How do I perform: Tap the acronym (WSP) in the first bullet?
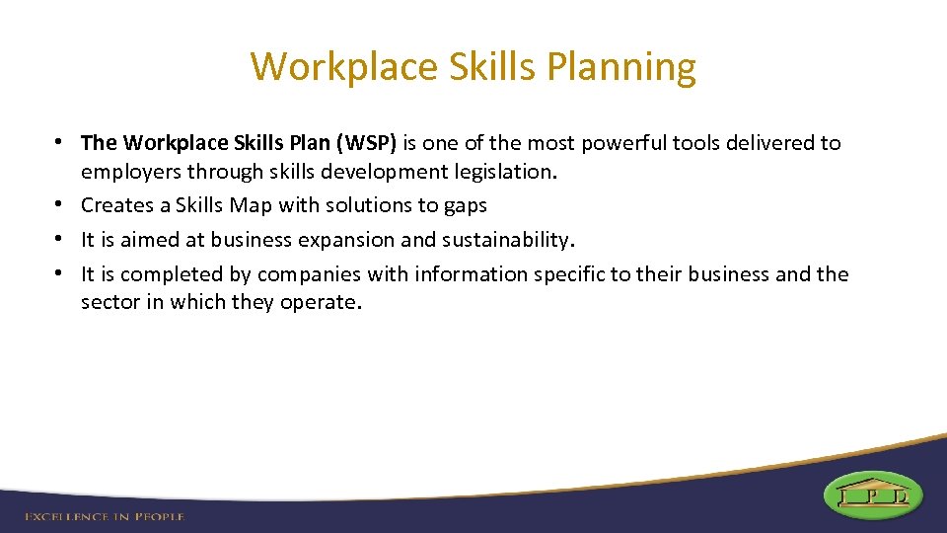click(x=366, y=143)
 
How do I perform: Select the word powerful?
click(x=623, y=143)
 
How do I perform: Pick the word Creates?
click(x=115, y=205)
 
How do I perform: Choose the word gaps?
click(x=466, y=206)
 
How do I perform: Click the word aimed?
click(x=143, y=239)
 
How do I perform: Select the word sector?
click(x=109, y=302)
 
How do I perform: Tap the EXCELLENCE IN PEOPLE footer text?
click(x=104, y=516)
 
